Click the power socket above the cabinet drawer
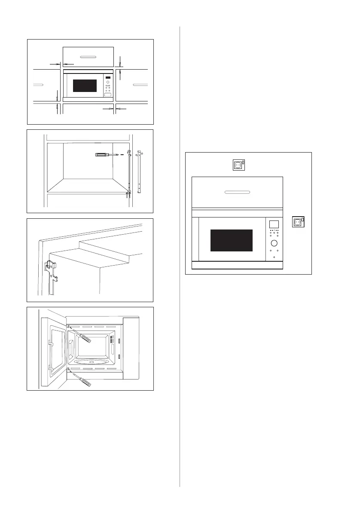[x=239, y=165]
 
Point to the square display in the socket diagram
[x=273, y=224]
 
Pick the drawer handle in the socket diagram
[x=237, y=192]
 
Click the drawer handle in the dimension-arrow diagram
[x=88, y=56]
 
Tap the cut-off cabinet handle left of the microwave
[x=38, y=85]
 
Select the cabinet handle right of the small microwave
[x=140, y=85]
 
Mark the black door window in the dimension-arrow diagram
[x=85, y=85]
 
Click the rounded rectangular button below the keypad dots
[x=107, y=95]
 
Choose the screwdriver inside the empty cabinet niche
[x=106, y=154]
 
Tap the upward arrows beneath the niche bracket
[x=128, y=196]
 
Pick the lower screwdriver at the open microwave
[x=82, y=380]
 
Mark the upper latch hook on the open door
[x=51, y=343]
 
